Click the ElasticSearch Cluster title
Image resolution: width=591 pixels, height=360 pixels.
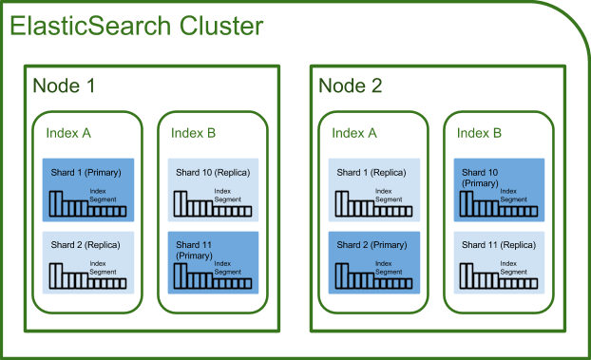(136, 27)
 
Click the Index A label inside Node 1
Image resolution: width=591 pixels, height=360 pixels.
(68, 133)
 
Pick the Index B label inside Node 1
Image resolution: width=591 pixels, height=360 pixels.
(194, 133)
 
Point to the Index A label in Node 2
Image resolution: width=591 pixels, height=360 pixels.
(354, 133)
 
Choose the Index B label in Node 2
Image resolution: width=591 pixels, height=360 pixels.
(480, 133)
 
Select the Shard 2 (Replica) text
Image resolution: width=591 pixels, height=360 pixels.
(86, 245)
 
